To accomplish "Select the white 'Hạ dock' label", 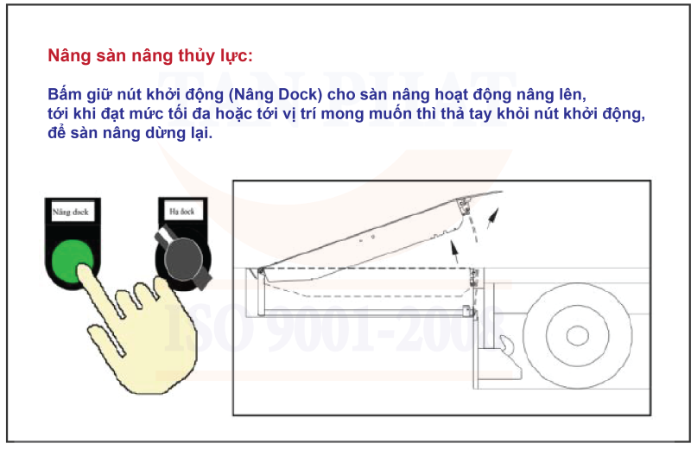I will pos(182,211).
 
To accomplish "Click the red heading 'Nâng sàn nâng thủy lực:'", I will pos(150,57).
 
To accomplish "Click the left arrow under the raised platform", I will pos(453,252).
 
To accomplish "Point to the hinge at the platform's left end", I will pos(259,271).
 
